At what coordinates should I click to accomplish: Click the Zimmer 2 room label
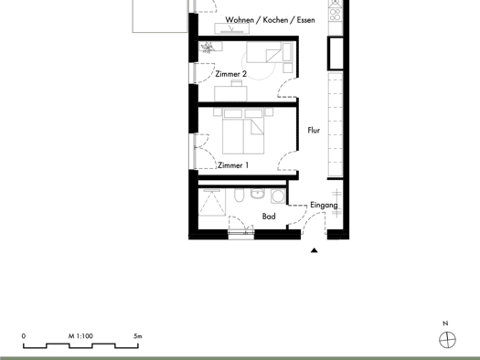230,74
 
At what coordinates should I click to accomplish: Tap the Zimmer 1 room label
233,165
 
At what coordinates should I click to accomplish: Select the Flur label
314,131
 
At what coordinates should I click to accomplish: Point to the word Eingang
324,206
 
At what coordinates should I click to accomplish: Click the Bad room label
269,217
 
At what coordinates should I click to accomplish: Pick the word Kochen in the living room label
275,20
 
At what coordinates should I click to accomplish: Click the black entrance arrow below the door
315,250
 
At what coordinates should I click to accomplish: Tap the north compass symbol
448,340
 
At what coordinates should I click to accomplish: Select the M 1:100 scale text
80,336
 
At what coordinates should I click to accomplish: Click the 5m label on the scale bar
138,336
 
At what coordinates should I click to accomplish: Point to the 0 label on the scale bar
24,336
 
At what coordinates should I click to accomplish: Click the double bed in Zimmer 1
243,132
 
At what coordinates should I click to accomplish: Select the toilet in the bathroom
239,196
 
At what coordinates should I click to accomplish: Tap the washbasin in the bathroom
257,194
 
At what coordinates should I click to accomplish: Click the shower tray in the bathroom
212,202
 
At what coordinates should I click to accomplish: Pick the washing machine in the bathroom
278,196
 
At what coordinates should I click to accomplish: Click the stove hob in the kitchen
336,15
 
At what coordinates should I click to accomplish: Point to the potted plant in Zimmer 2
208,48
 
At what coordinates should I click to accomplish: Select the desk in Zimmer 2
230,93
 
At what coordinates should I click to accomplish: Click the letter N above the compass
445,323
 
